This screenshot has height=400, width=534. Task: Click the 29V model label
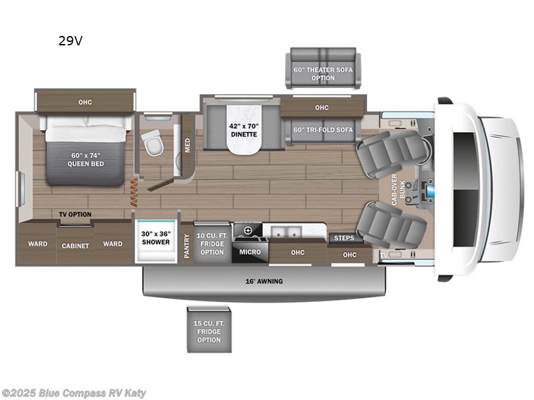coord(70,41)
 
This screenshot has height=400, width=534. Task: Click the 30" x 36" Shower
coord(157,239)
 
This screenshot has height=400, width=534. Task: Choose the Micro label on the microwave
coord(250,252)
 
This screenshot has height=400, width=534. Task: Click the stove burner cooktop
coord(248,231)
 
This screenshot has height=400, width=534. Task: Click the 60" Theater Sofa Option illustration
coord(323,68)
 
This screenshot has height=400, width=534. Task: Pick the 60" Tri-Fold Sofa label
coord(322,129)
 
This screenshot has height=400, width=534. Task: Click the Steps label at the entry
coord(344,238)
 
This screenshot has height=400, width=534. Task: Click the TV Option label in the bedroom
coord(75,215)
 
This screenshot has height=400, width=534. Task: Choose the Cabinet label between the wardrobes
coord(75,246)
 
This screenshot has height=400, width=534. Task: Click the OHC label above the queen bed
coord(85,102)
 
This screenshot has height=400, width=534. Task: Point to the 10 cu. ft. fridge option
coord(212,243)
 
